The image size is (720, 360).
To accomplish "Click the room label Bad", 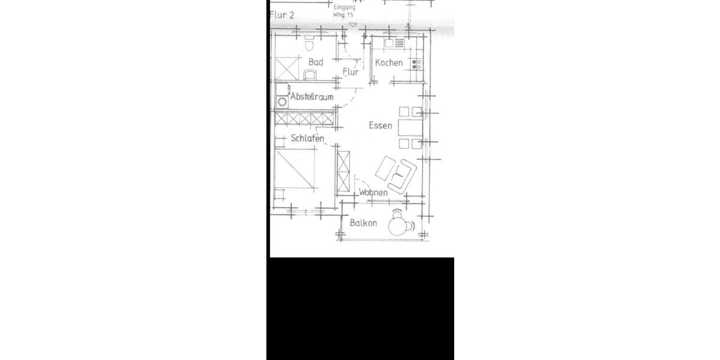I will pyautogui.click(x=316, y=62).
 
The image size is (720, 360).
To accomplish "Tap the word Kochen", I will pyautogui.click(x=389, y=63).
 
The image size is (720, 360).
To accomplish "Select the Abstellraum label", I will pyautogui.click(x=311, y=97).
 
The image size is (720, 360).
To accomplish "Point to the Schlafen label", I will pyautogui.click(x=307, y=139).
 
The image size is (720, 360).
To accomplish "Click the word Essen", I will pyautogui.click(x=380, y=125).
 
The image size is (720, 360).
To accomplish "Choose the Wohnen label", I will pyautogui.click(x=373, y=193).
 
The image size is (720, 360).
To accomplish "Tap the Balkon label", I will pyautogui.click(x=363, y=223).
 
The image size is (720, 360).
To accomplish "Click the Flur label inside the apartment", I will pyautogui.click(x=350, y=72).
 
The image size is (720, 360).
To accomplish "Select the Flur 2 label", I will pyautogui.click(x=282, y=15).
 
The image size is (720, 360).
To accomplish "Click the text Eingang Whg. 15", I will pyautogui.click(x=344, y=11).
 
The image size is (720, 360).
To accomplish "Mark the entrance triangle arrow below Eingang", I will pyautogui.click(x=353, y=25).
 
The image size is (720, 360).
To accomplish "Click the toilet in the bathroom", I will pyautogui.click(x=310, y=45).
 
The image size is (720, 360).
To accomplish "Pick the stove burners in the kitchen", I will pyautogui.click(x=416, y=63).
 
